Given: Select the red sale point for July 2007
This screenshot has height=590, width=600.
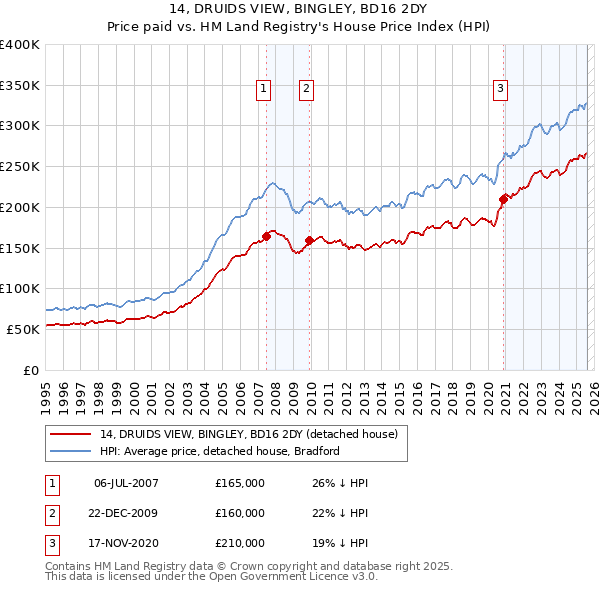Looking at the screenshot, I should tap(267, 236).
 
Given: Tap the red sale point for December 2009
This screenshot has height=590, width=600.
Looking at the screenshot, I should tap(310, 240).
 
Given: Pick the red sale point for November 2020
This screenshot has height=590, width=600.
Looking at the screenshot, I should tap(503, 199).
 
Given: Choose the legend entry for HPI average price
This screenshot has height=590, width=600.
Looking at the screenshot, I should tap(220, 451).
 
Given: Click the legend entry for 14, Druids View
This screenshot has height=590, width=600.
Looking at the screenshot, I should tap(249, 434).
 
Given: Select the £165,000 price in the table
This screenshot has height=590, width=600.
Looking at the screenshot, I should tap(240, 483).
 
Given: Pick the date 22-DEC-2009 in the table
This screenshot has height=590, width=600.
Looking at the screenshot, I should tap(126, 513).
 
